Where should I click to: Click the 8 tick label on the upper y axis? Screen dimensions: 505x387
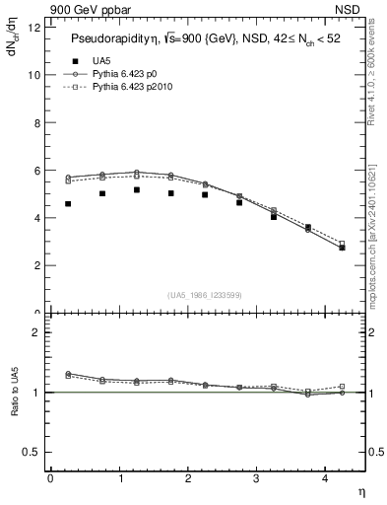[35, 122]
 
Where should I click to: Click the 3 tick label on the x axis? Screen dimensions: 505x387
[256, 478]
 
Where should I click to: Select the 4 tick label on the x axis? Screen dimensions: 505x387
[325, 478]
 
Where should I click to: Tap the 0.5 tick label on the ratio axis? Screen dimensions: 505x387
[30, 452]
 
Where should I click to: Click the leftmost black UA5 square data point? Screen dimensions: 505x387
[68, 203]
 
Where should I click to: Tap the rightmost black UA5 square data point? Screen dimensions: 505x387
[342, 247]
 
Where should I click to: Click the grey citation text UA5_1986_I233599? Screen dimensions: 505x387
[204, 295]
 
